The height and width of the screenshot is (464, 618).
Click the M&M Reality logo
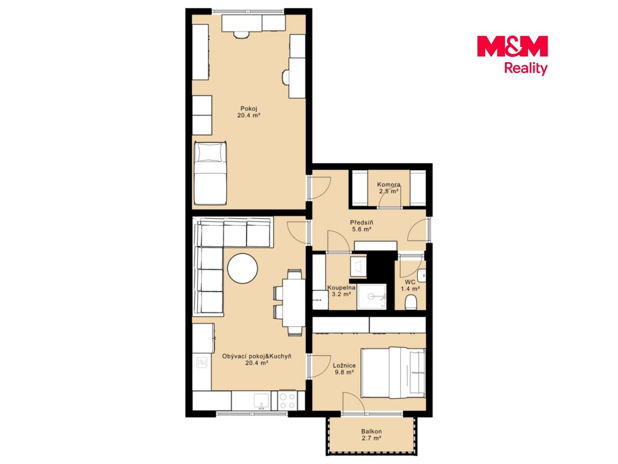coord(512,55)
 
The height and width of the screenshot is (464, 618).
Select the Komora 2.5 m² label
coord(389,188)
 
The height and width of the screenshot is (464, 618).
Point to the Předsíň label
coord(362,223)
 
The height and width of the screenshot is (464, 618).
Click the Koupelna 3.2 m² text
coord(341,291)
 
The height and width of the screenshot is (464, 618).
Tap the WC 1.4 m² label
coord(410,285)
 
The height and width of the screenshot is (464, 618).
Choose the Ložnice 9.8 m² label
coord(344,369)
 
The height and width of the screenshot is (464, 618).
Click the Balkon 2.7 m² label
coord(371,435)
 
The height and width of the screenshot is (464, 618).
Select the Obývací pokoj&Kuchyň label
coord(256,356)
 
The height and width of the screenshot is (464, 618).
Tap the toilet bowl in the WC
coord(410,302)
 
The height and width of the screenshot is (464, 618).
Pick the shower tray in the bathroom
coord(372,297)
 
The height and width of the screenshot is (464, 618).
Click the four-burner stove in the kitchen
coord(287,401)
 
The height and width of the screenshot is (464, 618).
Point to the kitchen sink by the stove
coord(261,401)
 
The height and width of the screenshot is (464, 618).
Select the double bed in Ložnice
coord(393,373)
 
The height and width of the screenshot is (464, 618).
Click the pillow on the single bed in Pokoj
coord(209,153)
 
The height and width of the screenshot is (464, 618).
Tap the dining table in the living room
coord(294,303)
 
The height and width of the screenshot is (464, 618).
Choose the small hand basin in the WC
coord(422,276)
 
